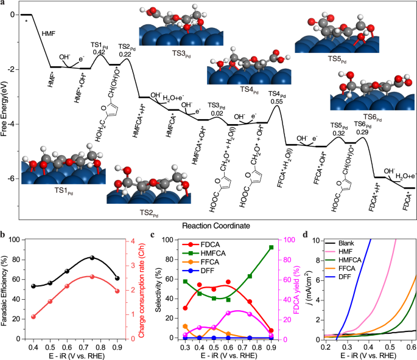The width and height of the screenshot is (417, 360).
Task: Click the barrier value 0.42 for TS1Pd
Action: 99,52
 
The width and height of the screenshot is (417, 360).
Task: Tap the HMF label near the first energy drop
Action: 48,34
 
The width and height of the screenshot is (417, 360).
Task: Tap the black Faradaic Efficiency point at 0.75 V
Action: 92,258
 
